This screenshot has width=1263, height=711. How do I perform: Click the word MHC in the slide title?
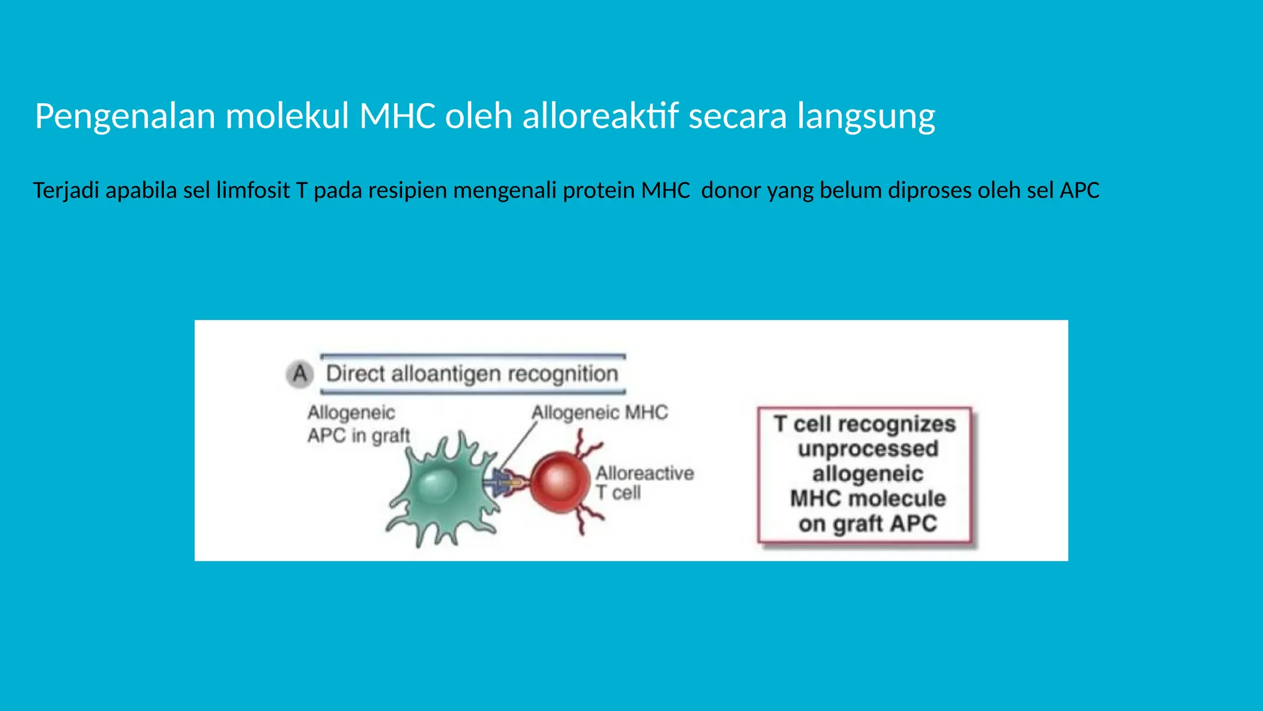pyautogui.click(x=398, y=116)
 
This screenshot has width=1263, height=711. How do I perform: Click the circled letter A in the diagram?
pyautogui.click(x=300, y=374)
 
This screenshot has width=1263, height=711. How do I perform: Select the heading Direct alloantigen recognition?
pyautogui.click(x=472, y=374)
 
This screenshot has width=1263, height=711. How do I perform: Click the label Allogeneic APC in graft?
pyautogui.click(x=358, y=424)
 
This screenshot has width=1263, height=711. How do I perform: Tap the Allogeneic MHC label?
pyautogui.click(x=599, y=412)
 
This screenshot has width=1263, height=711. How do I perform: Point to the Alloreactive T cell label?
pyautogui.click(x=644, y=483)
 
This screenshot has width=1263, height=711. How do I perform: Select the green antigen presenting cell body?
pyautogui.click(x=441, y=488)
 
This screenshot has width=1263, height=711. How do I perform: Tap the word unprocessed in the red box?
pyautogui.click(x=868, y=449)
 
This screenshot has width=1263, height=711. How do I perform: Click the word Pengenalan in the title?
pyautogui.click(x=125, y=116)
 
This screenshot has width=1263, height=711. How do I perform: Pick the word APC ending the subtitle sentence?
pyautogui.click(x=1079, y=190)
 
